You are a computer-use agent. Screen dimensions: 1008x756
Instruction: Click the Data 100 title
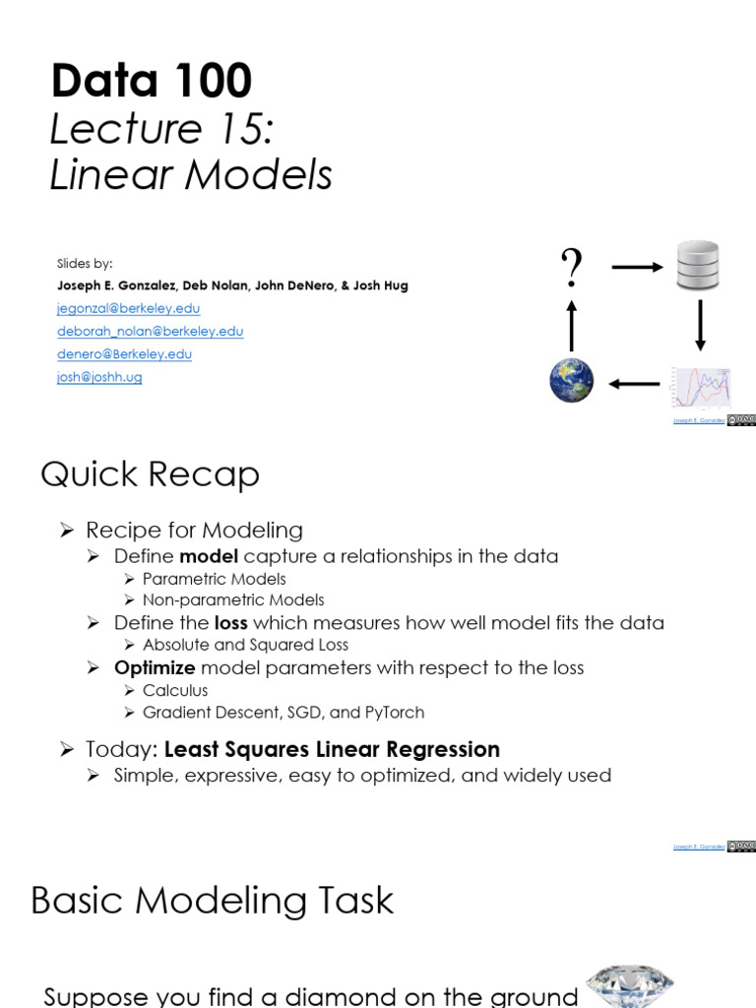(152, 81)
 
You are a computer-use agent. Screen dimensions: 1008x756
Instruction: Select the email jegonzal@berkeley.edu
(128, 308)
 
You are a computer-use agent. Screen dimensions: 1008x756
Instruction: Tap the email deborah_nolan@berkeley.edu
(150, 331)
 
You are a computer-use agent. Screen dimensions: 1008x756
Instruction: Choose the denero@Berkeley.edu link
(124, 353)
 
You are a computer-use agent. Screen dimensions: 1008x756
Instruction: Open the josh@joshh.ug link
(99, 376)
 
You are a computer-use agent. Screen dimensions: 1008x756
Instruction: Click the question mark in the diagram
(571, 268)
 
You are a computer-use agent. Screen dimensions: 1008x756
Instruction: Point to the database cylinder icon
(698, 266)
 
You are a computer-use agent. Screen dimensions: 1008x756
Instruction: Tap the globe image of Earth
(571, 381)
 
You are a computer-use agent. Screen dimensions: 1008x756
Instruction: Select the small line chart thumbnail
(701, 387)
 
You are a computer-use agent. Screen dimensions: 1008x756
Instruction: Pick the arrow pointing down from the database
(700, 326)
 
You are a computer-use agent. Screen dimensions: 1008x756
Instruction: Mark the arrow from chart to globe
(634, 383)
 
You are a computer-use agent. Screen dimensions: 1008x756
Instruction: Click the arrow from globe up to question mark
(571, 324)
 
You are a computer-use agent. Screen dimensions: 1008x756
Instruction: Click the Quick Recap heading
(150, 474)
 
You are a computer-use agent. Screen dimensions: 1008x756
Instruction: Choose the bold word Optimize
(155, 667)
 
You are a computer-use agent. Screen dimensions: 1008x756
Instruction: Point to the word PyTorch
(394, 712)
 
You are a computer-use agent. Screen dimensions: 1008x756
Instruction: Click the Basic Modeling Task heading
(212, 901)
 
